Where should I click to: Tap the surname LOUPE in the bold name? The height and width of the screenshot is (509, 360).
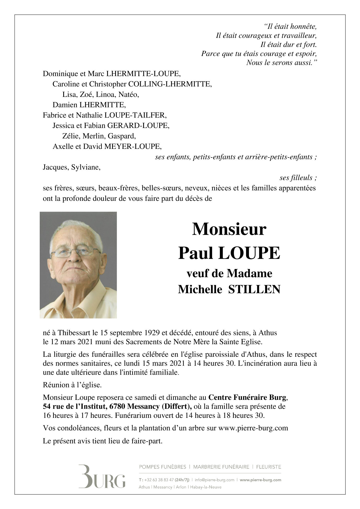coord(249,253)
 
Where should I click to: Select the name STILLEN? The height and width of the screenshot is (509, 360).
coord(254,289)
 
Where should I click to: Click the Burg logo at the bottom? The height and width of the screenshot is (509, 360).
coord(102,476)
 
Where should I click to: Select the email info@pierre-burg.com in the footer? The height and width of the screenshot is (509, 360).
coord(215,480)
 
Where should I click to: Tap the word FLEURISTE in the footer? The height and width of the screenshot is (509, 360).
coord(268,467)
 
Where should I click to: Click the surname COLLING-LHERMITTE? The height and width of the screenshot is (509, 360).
coord(170,84)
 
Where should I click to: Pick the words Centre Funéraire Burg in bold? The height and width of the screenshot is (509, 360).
coord(247,398)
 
